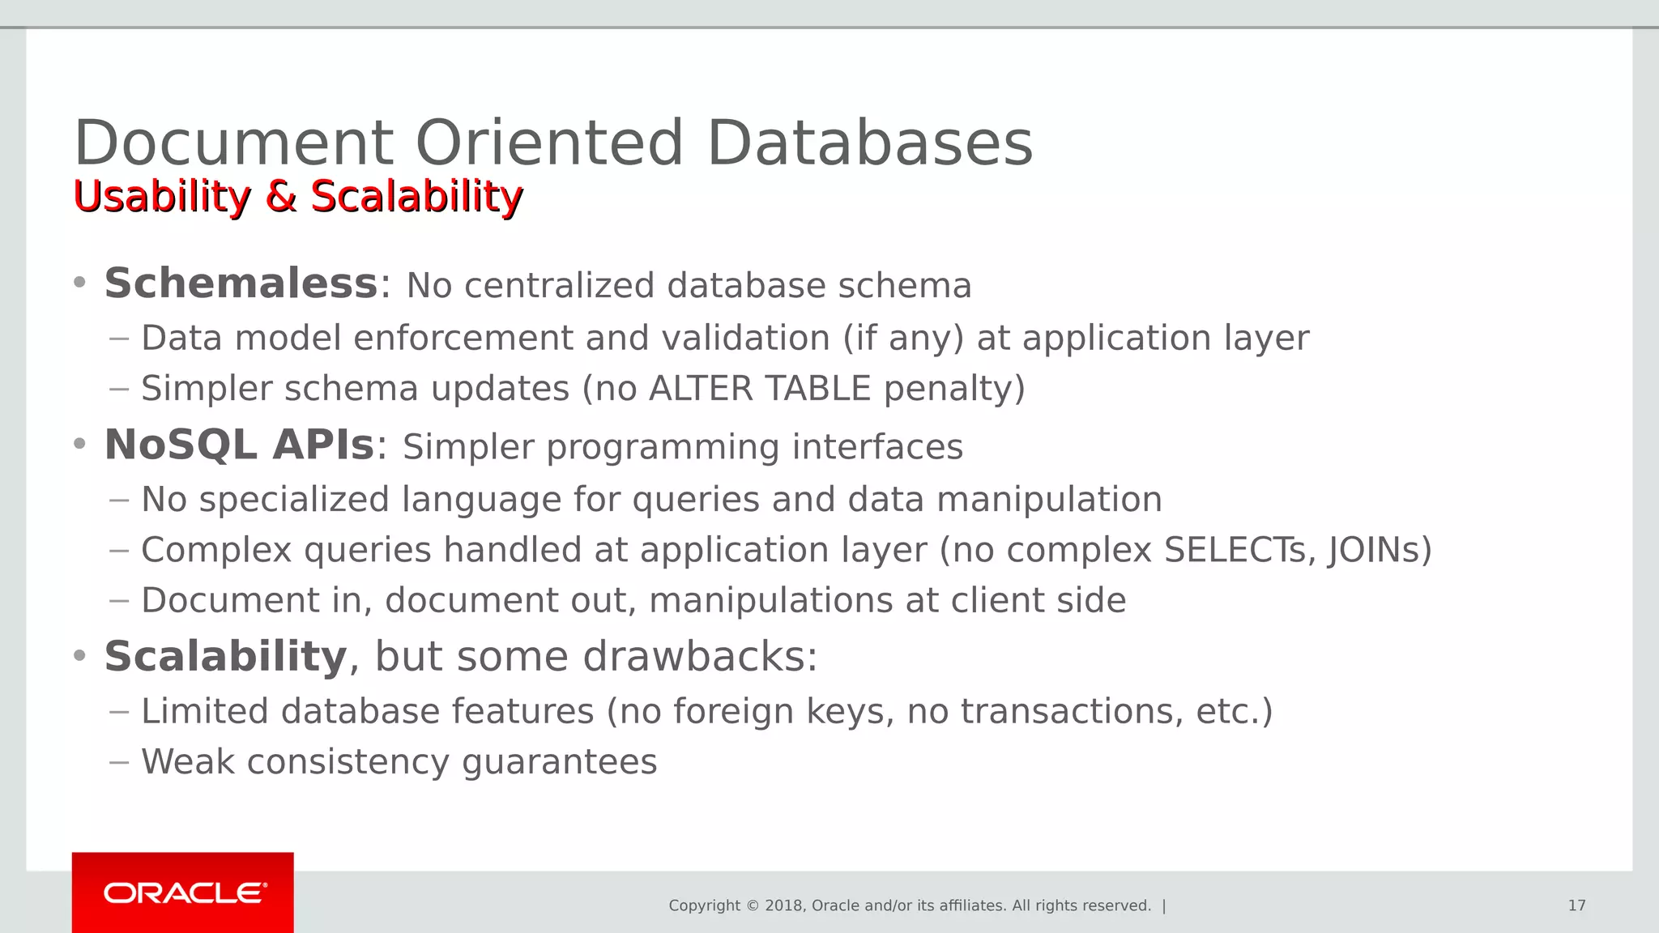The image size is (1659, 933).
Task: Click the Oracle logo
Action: pyautogui.click(x=184, y=893)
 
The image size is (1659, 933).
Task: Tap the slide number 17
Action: pyautogui.click(x=1576, y=905)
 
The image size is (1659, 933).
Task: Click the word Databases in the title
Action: pyautogui.click(x=869, y=143)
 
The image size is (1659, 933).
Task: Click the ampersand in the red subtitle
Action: pyautogui.click(x=280, y=197)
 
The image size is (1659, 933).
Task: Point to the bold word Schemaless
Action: pyautogui.click(x=241, y=283)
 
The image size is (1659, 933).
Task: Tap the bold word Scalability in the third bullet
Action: pyautogui.click(x=226, y=656)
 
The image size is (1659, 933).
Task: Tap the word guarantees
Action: pyautogui.click(x=559, y=762)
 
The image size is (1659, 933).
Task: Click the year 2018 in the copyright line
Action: pyautogui.click(x=783, y=905)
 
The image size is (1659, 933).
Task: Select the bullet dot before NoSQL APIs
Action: pyautogui.click(x=79, y=445)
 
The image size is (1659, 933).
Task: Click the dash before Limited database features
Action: pyautogui.click(x=119, y=713)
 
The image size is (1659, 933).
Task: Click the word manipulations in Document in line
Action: pyautogui.click(x=770, y=601)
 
